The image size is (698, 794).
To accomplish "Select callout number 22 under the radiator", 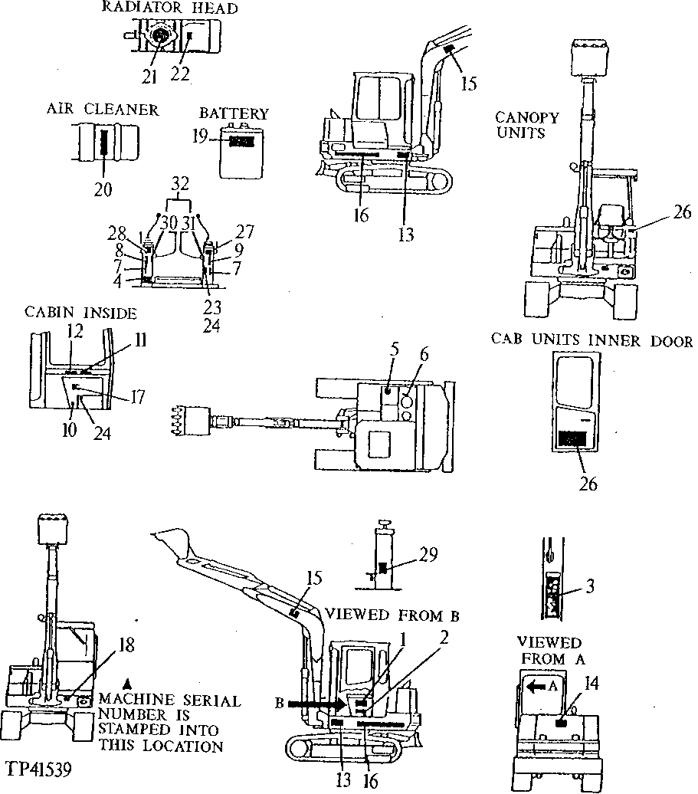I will (x=180, y=74).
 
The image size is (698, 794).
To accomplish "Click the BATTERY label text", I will (x=234, y=114).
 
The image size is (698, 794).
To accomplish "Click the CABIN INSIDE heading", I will (x=80, y=313).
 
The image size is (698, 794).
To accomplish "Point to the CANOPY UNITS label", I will (x=527, y=125).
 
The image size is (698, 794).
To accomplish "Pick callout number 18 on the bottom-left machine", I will (x=126, y=645).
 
